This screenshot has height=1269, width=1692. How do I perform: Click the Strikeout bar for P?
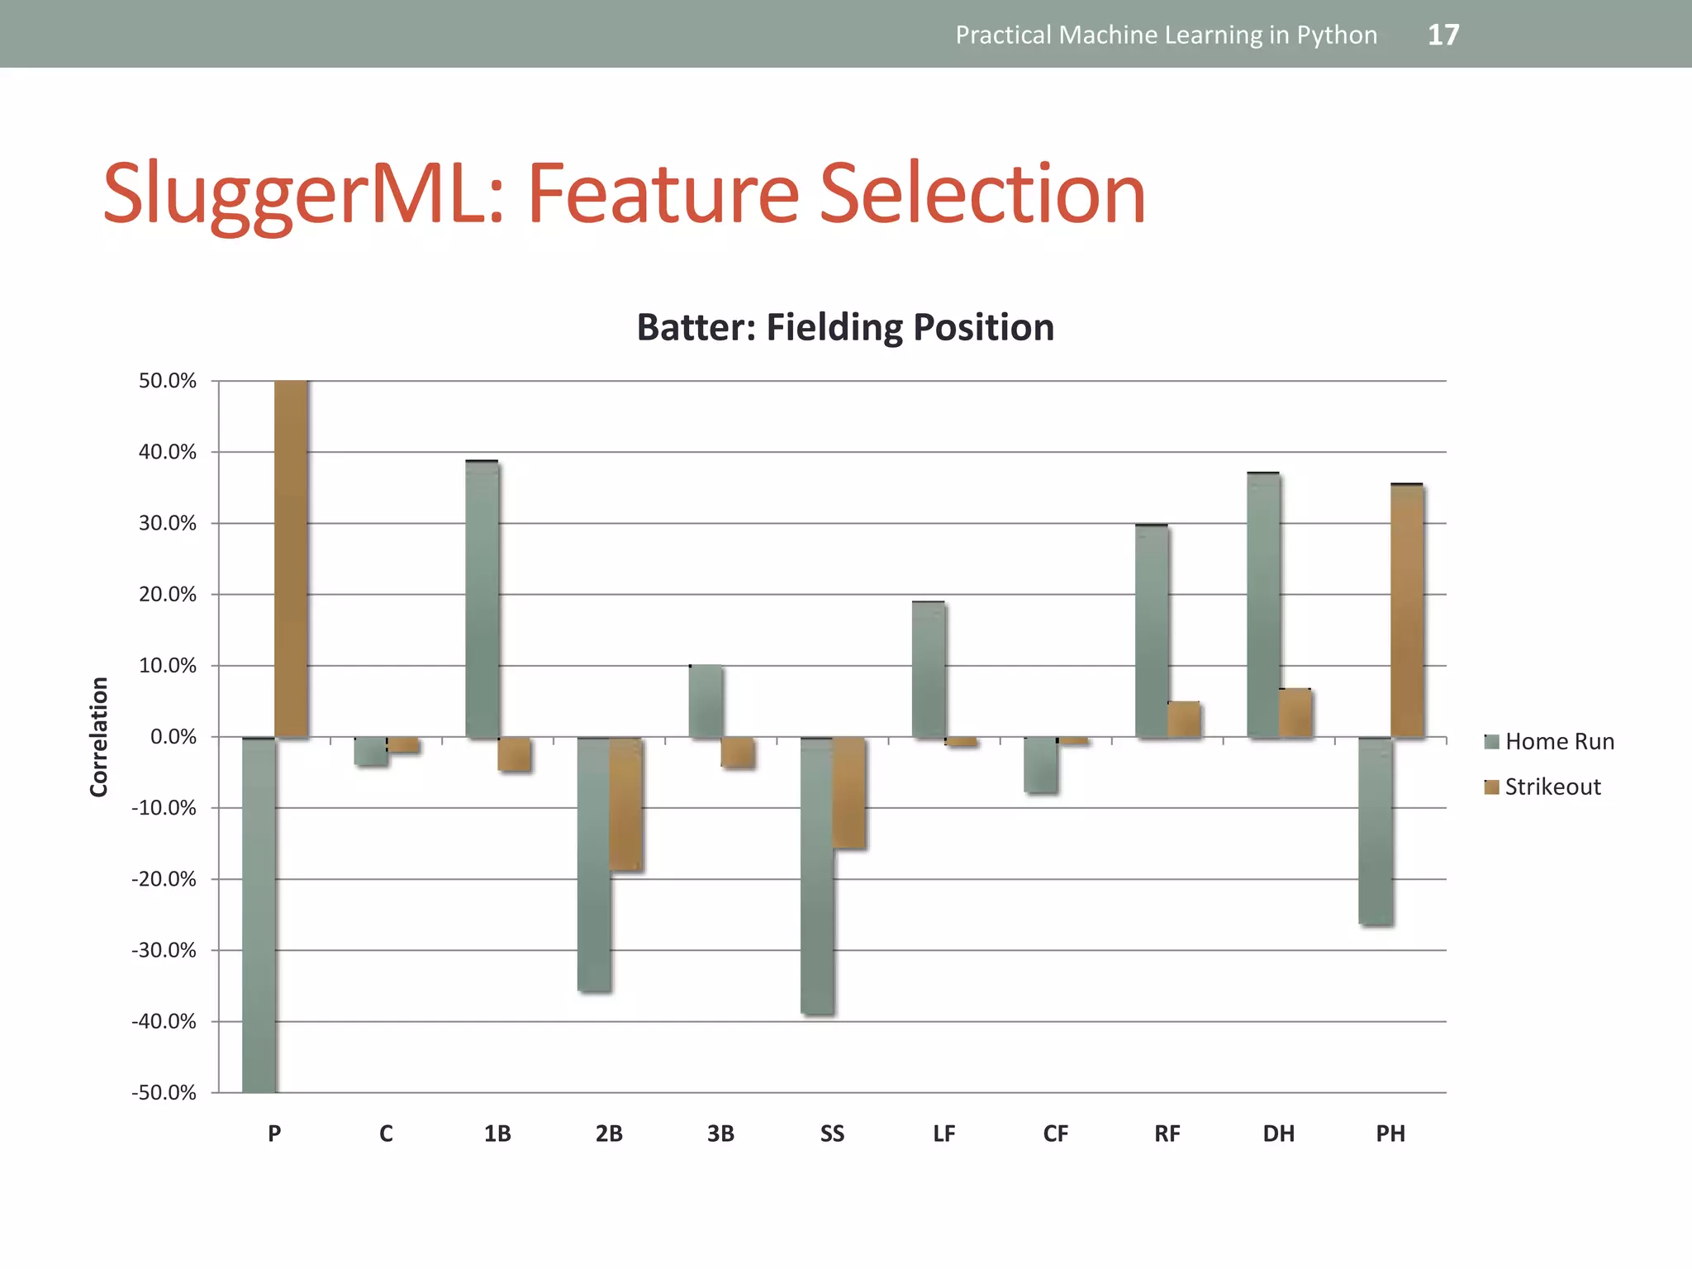pos(291,558)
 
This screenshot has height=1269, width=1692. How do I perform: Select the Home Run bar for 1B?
pos(482,599)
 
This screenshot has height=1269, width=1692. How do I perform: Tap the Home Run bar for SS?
pos(817,876)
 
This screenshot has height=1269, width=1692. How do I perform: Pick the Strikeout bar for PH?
pos(1407,611)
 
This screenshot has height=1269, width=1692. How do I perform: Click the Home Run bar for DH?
pos(1263,605)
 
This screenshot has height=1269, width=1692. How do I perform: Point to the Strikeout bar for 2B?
pos(625,804)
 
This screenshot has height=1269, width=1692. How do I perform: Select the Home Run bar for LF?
pos(929,669)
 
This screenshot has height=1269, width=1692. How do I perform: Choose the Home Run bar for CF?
pos(1040,765)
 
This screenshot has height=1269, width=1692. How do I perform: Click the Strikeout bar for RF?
pos(1184,720)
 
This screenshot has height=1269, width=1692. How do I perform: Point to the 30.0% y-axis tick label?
pos(168,523)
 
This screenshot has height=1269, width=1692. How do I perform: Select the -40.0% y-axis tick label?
pos(164,1022)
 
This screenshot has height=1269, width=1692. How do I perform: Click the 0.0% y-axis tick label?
pos(173,737)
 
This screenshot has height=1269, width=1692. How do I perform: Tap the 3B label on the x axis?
pos(720,1134)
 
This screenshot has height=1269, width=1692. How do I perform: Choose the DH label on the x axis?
pos(1278,1134)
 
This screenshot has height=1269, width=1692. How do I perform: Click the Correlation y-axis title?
pos(99,736)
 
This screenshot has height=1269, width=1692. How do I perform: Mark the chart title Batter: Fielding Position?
pos(845,327)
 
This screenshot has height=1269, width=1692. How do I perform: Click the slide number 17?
pos(1442,35)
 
